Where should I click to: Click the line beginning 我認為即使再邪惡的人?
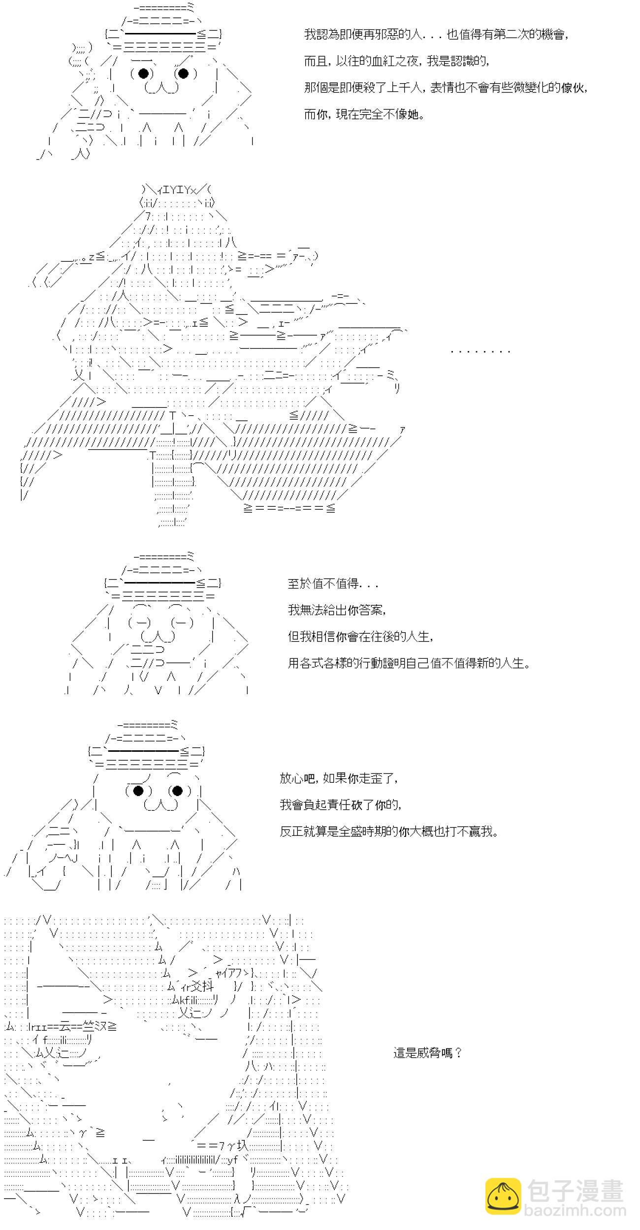pyautogui.click(x=437, y=35)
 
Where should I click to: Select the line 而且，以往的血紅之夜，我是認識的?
pyautogui.click(x=397, y=61)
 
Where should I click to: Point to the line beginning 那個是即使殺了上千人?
pyautogui.click(x=446, y=88)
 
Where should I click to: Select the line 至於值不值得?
pyautogui.click(x=333, y=584)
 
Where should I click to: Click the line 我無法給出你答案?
pyautogui.click(x=337, y=611)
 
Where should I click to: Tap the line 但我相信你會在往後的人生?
pyautogui.click(x=361, y=637)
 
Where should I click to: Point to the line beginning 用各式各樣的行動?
pyautogui.click(x=410, y=664)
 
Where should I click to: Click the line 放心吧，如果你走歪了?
pyautogui.click(x=339, y=779)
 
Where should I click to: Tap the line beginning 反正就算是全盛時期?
pyautogui.click(x=389, y=832)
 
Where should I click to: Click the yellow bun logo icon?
pyautogui.click(x=503, y=1196)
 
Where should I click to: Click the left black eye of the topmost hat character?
pyautogui.click(x=144, y=74)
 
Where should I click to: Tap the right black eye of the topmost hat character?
pyautogui.click(x=183, y=74)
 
